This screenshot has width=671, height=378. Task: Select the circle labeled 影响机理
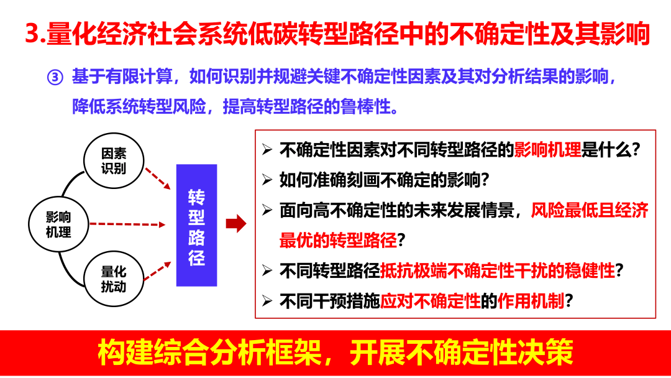tap(58, 224)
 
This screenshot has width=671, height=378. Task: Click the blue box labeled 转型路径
tap(196, 225)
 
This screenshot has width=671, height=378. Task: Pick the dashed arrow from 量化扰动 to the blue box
tap(157, 270)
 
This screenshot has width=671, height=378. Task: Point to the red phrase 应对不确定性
tap(431, 302)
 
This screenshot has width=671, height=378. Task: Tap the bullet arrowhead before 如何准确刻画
tap(267, 180)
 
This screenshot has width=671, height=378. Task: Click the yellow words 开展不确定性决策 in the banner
tap(460, 353)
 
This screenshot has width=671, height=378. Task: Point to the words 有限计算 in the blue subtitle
tap(137, 78)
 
